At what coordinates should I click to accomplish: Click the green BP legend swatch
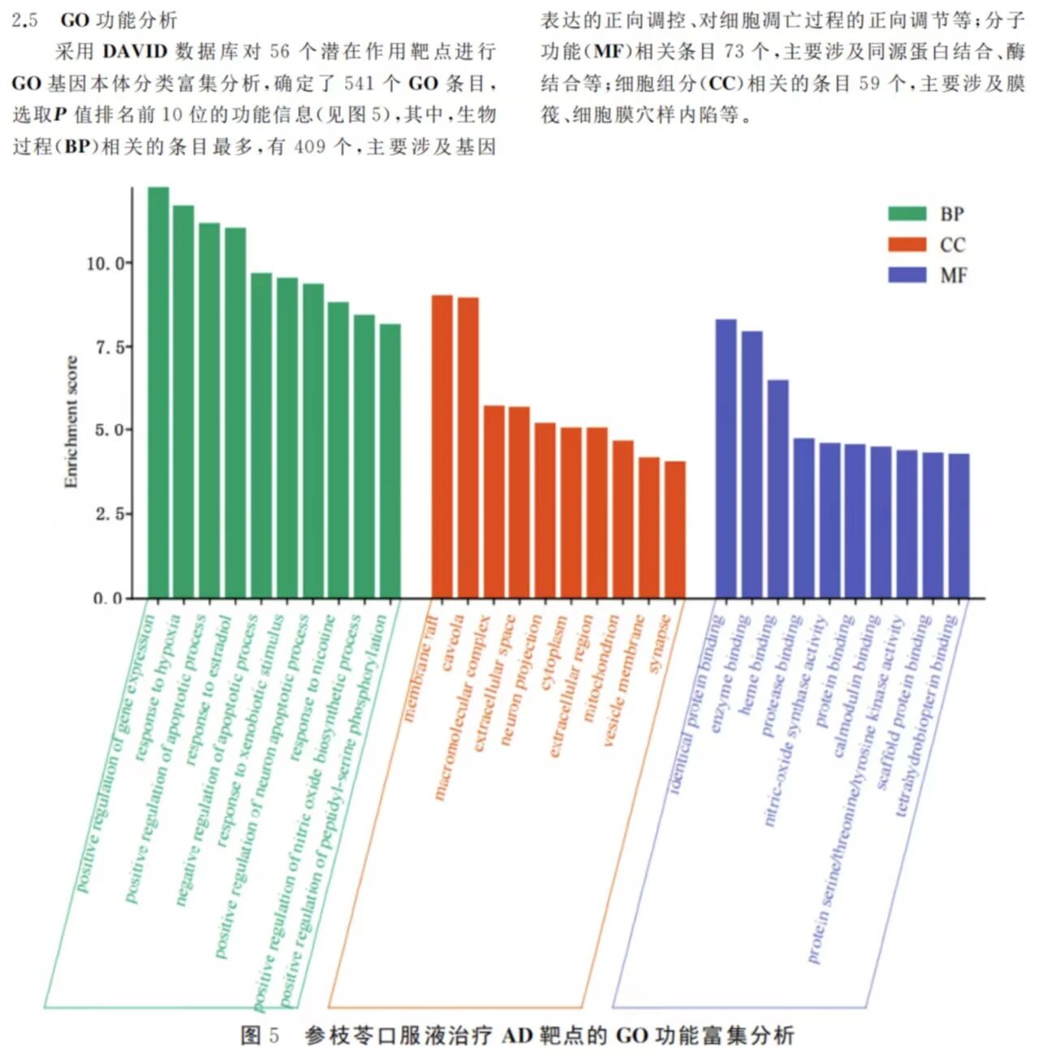(907, 214)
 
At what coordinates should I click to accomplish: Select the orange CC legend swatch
(907, 244)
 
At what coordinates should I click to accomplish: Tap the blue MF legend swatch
(907, 274)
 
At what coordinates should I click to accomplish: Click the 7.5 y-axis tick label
(110, 348)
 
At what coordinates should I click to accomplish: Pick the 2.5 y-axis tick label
(110, 514)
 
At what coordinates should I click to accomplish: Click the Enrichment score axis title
(71, 422)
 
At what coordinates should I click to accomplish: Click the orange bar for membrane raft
(442, 447)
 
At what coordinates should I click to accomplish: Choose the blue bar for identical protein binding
(726, 459)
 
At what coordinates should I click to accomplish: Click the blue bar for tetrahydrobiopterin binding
(959, 525)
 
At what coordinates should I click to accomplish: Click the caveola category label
(453, 643)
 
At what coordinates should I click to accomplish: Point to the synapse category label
(660, 644)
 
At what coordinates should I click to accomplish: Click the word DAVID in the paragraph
(136, 52)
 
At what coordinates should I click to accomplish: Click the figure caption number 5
(274, 1035)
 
